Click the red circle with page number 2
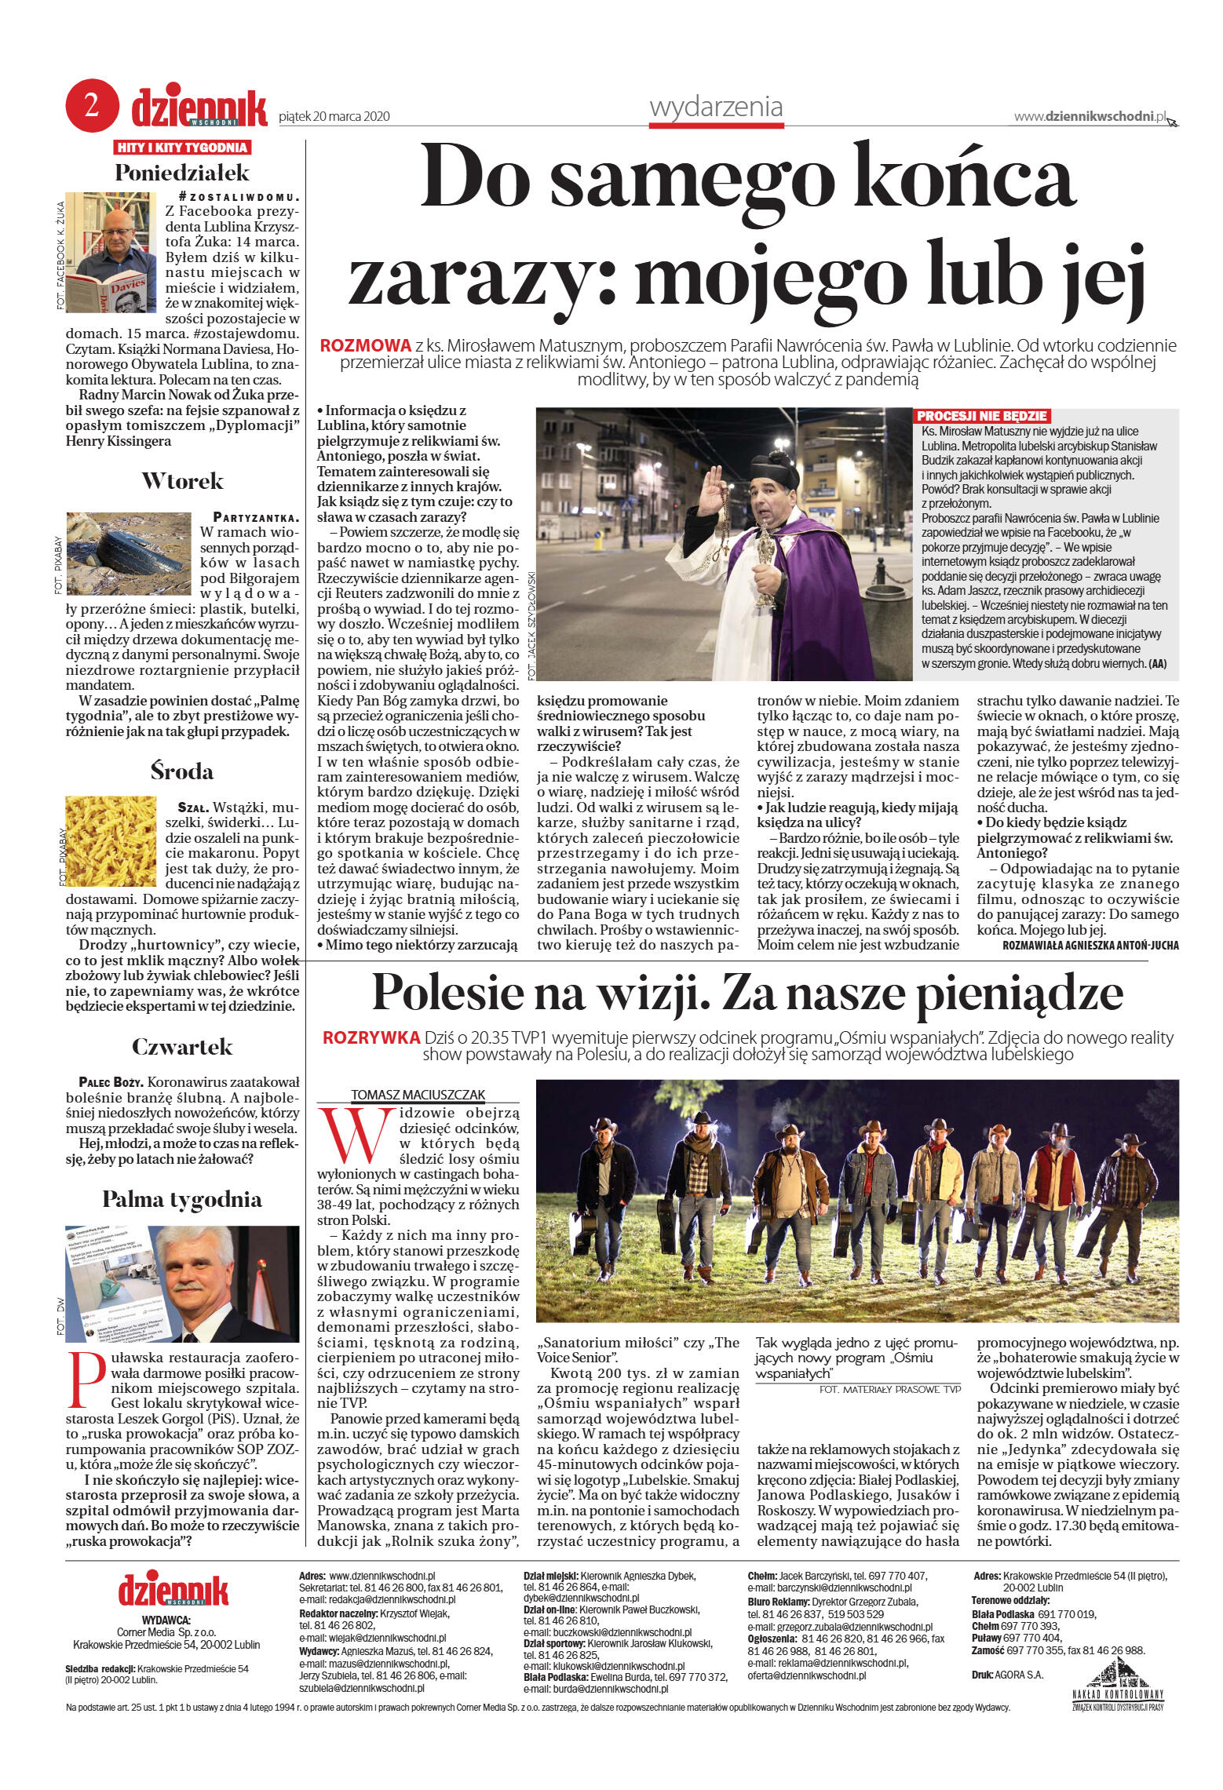pyautogui.click(x=92, y=106)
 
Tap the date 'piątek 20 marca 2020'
pyautogui.click(x=334, y=117)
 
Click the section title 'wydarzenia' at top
pyautogui.click(x=716, y=107)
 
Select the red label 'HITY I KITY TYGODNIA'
pyautogui.click(x=182, y=148)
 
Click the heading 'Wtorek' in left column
pyautogui.click(x=182, y=481)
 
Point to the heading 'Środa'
pyautogui.click(x=182, y=771)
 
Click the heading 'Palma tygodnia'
pyautogui.click(x=182, y=1199)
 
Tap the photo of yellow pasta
pyautogui.click(x=111, y=841)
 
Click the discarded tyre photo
pyautogui.click(x=129, y=553)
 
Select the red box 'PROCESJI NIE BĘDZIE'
pyautogui.click(x=981, y=416)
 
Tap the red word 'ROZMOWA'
pyautogui.click(x=366, y=345)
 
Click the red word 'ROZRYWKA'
pyautogui.click(x=371, y=1037)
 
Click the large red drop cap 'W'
pyautogui.click(x=356, y=1135)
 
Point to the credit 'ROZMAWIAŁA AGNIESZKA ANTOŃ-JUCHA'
pyautogui.click(x=1090, y=946)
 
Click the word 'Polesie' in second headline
pyautogui.click(x=479, y=993)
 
